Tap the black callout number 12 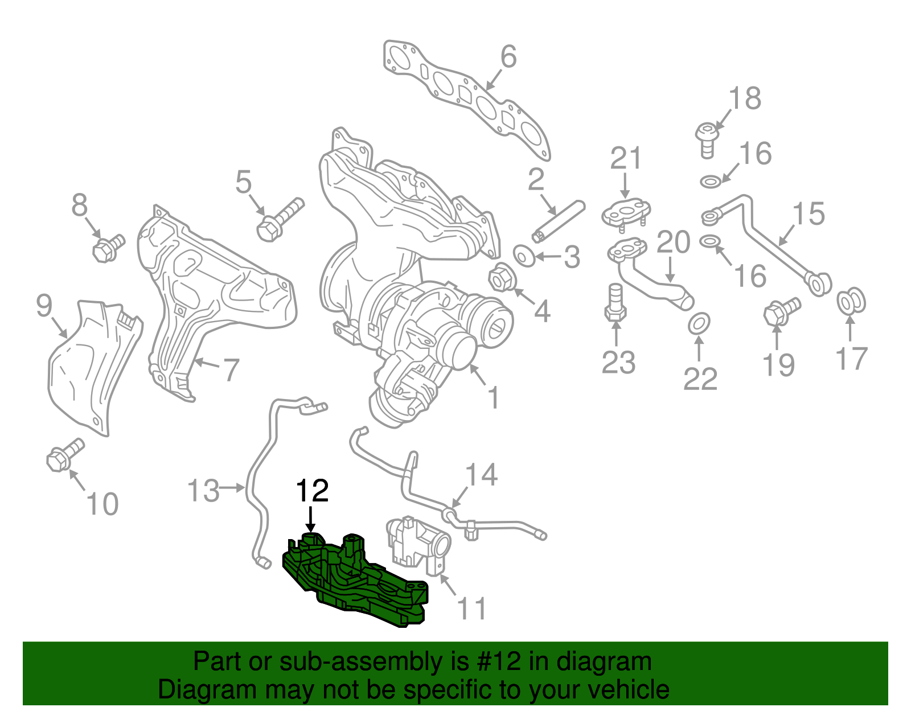313,491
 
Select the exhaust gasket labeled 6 467,97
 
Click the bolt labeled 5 279,220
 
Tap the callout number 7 231,370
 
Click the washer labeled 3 524,256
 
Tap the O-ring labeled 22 699,324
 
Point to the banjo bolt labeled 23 614,305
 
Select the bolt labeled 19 780,312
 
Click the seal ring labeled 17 851,302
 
